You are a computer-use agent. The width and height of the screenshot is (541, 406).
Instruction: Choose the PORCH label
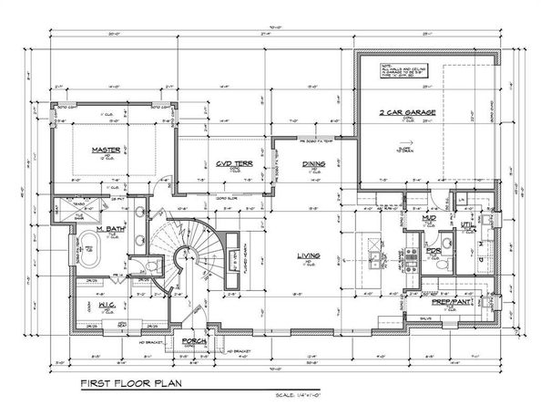(193, 341)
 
